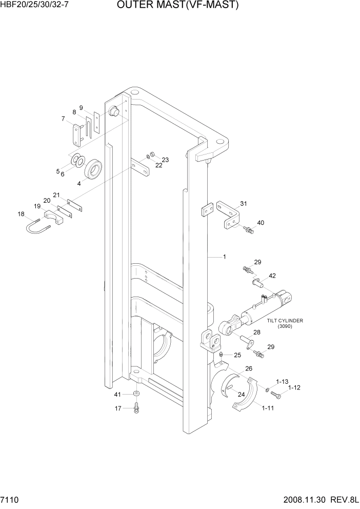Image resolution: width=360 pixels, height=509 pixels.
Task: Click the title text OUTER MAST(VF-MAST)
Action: pyautogui.click(x=178, y=6)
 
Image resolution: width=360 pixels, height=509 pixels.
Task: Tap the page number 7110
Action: pyautogui.click(x=11, y=500)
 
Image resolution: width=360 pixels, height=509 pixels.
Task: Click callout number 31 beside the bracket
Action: pyautogui.click(x=244, y=204)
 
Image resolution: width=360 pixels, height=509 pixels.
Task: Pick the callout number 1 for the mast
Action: pyautogui.click(x=224, y=256)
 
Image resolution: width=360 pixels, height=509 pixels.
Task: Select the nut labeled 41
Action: pyautogui.click(x=137, y=394)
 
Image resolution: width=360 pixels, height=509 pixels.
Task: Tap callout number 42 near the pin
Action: pyautogui.click(x=272, y=276)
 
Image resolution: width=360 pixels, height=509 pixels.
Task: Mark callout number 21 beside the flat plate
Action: pyautogui.click(x=56, y=194)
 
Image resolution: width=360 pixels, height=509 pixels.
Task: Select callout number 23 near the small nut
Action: pyautogui.click(x=165, y=160)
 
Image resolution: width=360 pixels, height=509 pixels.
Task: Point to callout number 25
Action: pyautogui.click(x=237, y=355)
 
